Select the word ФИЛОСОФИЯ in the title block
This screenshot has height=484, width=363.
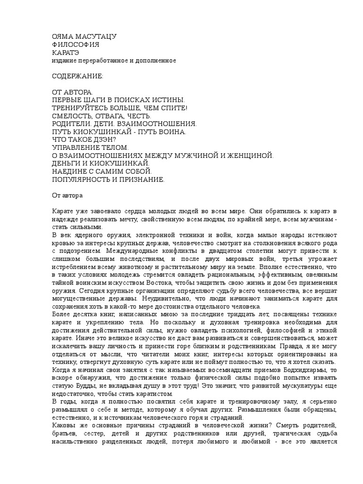pyautogui.click(x=76, y=44)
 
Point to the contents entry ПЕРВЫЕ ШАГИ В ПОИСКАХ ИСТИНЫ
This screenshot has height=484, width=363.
pyautogui.click(x=118, y=100)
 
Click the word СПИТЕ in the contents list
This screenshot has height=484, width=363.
pyautogui.click(x=173, y=108)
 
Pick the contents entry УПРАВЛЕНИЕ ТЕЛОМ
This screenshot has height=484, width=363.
pyautogui.click(x=90, y=148)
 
